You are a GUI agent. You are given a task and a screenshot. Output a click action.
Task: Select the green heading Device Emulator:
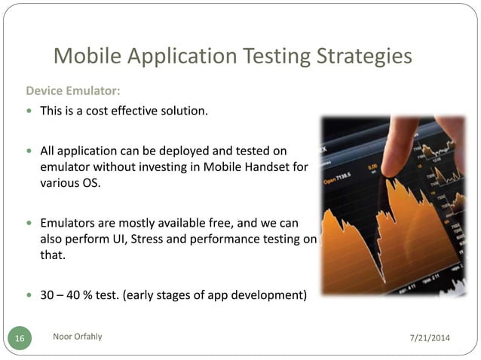73,91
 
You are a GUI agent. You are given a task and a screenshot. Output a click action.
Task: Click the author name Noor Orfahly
78,337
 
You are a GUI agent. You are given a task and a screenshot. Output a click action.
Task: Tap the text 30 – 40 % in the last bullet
66,294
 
